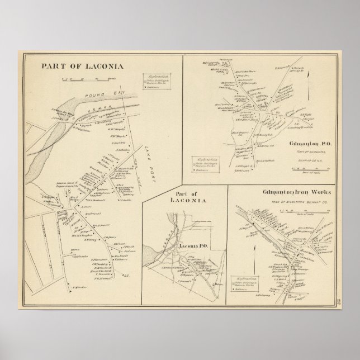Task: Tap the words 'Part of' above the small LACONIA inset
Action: [x=182, y=195]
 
